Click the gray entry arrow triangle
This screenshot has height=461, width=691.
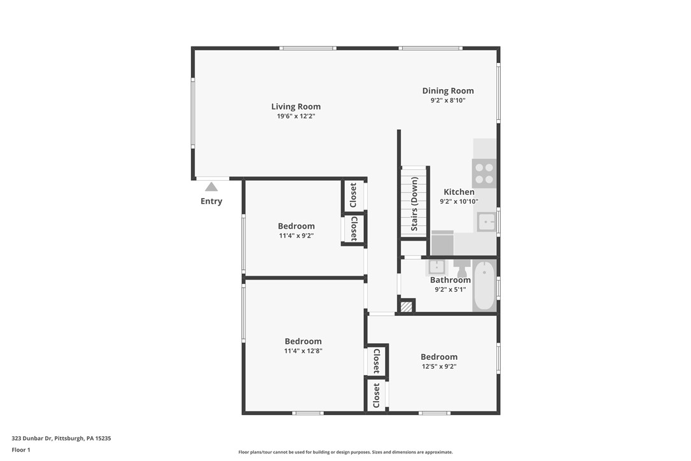[211, 187]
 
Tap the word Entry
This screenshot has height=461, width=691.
[211, 201]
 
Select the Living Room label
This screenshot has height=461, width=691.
[296, 106]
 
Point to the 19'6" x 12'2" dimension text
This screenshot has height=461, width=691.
[296, 117]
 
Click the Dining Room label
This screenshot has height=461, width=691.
[448, 90]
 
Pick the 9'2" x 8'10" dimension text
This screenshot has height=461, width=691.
[448, 101]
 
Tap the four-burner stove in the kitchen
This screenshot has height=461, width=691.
[484, 173]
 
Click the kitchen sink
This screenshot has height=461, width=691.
[487, 222]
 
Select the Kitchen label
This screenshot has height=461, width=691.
[459, 192]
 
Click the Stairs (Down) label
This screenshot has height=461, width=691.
[414, 204]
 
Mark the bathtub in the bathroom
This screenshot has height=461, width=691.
[484, 285]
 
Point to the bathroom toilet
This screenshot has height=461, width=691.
[461, 268]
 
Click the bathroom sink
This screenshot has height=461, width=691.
[438, 266]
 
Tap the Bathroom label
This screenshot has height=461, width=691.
[450, 280]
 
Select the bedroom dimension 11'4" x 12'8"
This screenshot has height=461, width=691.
[303, 351]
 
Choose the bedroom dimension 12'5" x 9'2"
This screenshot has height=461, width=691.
[438, 366]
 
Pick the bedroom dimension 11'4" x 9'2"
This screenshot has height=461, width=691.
[296, 236]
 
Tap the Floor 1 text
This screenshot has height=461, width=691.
[21, 450]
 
